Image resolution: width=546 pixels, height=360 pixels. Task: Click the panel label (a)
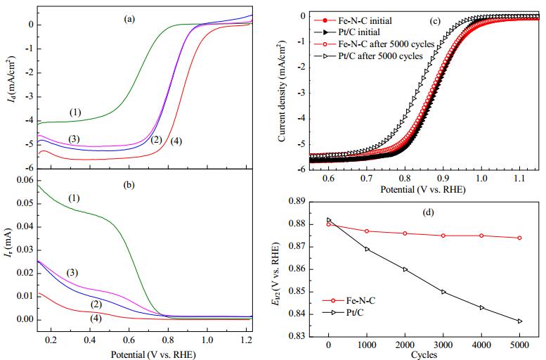(129, 20)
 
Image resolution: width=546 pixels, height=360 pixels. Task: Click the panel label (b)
(129, 185)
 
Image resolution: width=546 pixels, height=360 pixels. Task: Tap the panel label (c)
(435, 21)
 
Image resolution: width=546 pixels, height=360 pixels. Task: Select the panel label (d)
(428, 212)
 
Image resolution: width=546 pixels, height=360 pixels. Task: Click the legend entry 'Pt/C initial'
(359, 32)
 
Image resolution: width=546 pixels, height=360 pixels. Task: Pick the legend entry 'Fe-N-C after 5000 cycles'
(386, 44)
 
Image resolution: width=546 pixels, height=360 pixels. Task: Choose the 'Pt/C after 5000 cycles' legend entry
(381, 56)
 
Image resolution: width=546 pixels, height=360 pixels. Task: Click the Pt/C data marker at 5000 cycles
(520, 321)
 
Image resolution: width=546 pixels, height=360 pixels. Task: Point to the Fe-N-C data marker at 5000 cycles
(519, 238)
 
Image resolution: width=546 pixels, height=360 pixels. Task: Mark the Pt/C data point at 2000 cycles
(405, 269)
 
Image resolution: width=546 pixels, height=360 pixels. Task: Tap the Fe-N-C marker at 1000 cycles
(367, 231)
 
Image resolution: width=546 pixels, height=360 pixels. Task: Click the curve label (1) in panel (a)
(75, 112)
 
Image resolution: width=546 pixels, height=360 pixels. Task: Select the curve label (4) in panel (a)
(176, 141)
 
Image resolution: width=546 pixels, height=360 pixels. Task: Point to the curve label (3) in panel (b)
(72, 273)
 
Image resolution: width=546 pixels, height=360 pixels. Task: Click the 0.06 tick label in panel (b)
(25, 180)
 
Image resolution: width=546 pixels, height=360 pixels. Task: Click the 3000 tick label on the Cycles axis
(443, 345)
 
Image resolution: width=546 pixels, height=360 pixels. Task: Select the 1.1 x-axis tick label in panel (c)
(519, 179)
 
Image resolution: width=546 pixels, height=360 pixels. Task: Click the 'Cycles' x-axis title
(424, 355)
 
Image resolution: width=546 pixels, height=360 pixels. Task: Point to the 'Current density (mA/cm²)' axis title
(282, 91)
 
